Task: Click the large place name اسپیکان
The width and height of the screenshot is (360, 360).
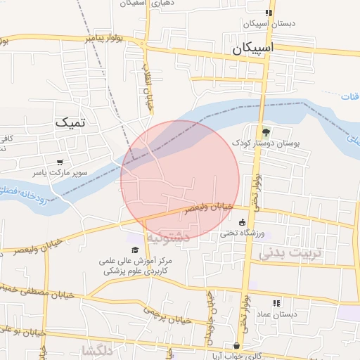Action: point(262,49)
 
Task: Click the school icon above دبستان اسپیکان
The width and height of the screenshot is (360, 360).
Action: point(268,13)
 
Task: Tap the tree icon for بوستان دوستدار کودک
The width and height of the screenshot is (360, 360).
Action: point(265,131)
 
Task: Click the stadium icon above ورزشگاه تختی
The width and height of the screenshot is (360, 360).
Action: point(243,222)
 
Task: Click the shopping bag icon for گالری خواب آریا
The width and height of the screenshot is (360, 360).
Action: point(238,346)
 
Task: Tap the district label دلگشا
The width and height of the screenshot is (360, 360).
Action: point(96,349)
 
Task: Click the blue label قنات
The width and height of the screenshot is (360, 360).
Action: point(349,96)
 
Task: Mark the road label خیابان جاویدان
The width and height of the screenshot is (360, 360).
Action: point(211,316)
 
